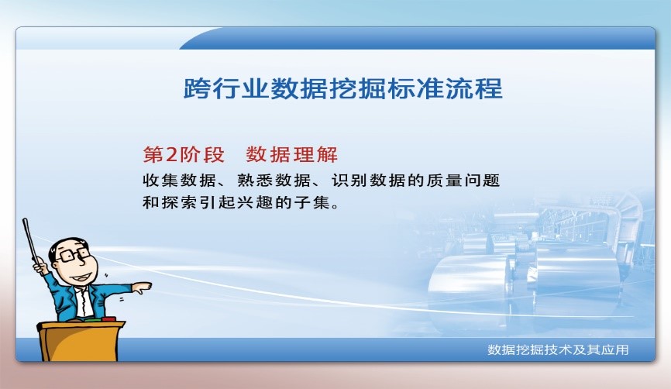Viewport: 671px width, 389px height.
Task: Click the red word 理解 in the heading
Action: (x=319, y=153)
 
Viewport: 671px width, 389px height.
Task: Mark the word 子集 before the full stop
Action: (x=318, y=205)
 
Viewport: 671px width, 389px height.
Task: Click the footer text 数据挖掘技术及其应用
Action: (x=558, y=350)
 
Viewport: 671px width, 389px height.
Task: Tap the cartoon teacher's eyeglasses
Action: (x=73, y=254)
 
